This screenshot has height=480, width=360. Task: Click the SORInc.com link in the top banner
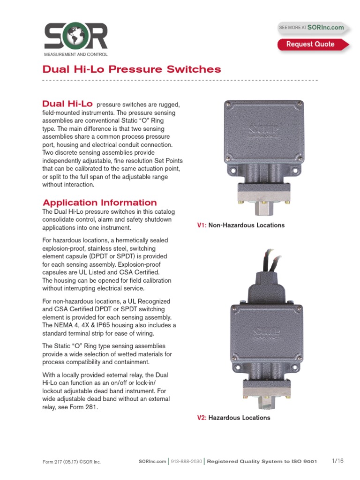[x=325, y=28]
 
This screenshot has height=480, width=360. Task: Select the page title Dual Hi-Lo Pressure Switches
[x=131, y=70]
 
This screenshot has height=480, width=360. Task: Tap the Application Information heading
[x=99, y=202]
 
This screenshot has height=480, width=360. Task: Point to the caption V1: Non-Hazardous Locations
[x=240, y=225]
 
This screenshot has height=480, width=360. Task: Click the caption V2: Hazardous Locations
[x=233, y=418]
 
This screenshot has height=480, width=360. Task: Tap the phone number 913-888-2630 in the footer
[x=186, y=461]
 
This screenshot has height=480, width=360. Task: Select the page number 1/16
[x=337, y=461]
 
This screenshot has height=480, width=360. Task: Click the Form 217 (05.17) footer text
[x=71, y=462]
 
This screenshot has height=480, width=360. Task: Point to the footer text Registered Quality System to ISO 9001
[x=262, y=461]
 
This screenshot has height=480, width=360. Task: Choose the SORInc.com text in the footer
[x=152, y=461]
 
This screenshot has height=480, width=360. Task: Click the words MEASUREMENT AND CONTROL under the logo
[x=75, y=54]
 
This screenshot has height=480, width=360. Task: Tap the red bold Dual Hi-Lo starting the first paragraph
[x=67, y=103]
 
